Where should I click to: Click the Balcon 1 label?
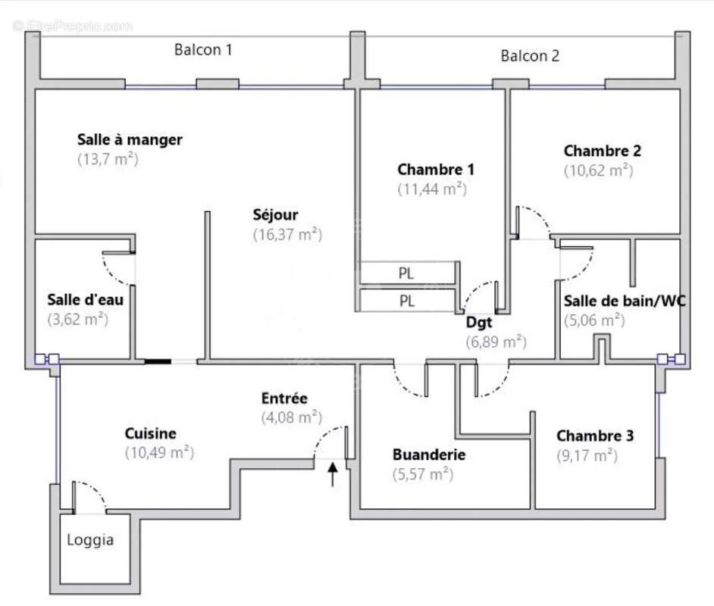coord(203,50)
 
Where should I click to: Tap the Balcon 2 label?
coord(530,55)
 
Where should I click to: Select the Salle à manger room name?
coord(130,139)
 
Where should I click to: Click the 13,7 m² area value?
coord(107,159)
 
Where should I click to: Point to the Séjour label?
coord(275,214)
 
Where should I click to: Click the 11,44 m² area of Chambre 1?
coord(432,189)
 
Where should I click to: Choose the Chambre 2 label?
coord(602,151)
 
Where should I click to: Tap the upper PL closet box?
coord(407,273)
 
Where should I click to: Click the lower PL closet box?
coord(407,301)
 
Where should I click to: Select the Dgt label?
coord(479,322)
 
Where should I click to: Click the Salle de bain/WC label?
coord(625,301)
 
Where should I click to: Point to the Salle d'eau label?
coord(85,299)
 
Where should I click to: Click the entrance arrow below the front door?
coord(332,475)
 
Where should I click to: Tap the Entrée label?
coord(284,398)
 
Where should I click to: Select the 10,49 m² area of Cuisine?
coord(159,453)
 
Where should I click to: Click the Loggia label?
coord(90,540)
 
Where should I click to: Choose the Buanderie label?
coord(428,455)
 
